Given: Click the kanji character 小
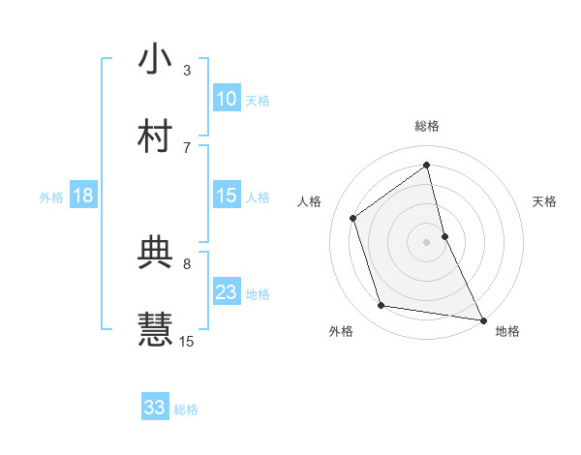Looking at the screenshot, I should [156, 59].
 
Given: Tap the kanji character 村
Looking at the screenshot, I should [156, 136].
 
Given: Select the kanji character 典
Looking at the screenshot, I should [156, 253].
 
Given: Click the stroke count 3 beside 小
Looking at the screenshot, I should [187, 70].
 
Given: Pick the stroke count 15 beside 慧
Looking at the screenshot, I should [187, 341].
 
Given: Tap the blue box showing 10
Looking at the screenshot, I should [227, 99].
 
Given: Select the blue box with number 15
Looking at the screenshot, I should [227, 196].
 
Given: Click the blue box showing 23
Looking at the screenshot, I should [227, 292].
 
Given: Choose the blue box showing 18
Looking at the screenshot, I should [83, 196].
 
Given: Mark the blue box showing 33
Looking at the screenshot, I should [155, 408].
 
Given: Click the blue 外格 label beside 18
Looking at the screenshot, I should [51, 197].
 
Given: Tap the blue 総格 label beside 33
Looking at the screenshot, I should [186, 409].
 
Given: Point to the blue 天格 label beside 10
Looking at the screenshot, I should [258, 101].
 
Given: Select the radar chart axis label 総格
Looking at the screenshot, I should [427, 126].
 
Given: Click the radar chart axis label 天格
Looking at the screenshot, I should [545, 201].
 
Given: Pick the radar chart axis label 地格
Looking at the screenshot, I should [507, 331].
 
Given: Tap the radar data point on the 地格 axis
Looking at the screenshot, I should [482, 319].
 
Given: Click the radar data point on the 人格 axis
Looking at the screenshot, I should [353, 218].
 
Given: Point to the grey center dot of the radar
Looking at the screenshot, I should [427, 241].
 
